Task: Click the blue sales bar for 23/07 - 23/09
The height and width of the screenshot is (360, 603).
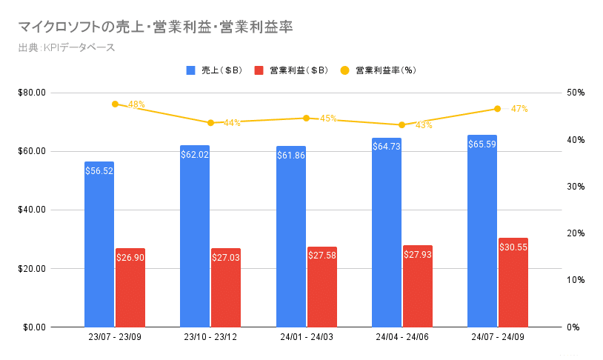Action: point(99,244)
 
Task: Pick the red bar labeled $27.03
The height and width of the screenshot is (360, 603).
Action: point(226,289)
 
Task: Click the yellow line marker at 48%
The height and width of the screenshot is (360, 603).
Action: point(115,104)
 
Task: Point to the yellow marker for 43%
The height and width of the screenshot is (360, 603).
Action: point(402,124)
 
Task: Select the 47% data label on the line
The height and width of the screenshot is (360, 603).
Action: point(519,109)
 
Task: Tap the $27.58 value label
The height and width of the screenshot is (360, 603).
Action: point(322,255)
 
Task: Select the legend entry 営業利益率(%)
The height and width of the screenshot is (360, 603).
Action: point(378,70)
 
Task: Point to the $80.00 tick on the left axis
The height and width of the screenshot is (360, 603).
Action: point(32,93)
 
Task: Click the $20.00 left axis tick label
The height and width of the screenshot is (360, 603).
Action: point(32,268)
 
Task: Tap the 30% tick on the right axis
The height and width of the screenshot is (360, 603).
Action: point(575,186)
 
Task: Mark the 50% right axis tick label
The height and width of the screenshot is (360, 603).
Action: point(575,93)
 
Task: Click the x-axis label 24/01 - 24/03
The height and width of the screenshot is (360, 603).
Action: point(306,338)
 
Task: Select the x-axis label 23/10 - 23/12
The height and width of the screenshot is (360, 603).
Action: point(210,338)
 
